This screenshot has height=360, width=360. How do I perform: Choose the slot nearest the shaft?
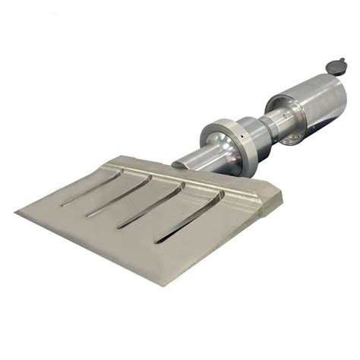(x=189, y=216)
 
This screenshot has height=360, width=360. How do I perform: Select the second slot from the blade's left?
(x=118, y=196)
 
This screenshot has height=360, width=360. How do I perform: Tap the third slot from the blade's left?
(x=152, y=205)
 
